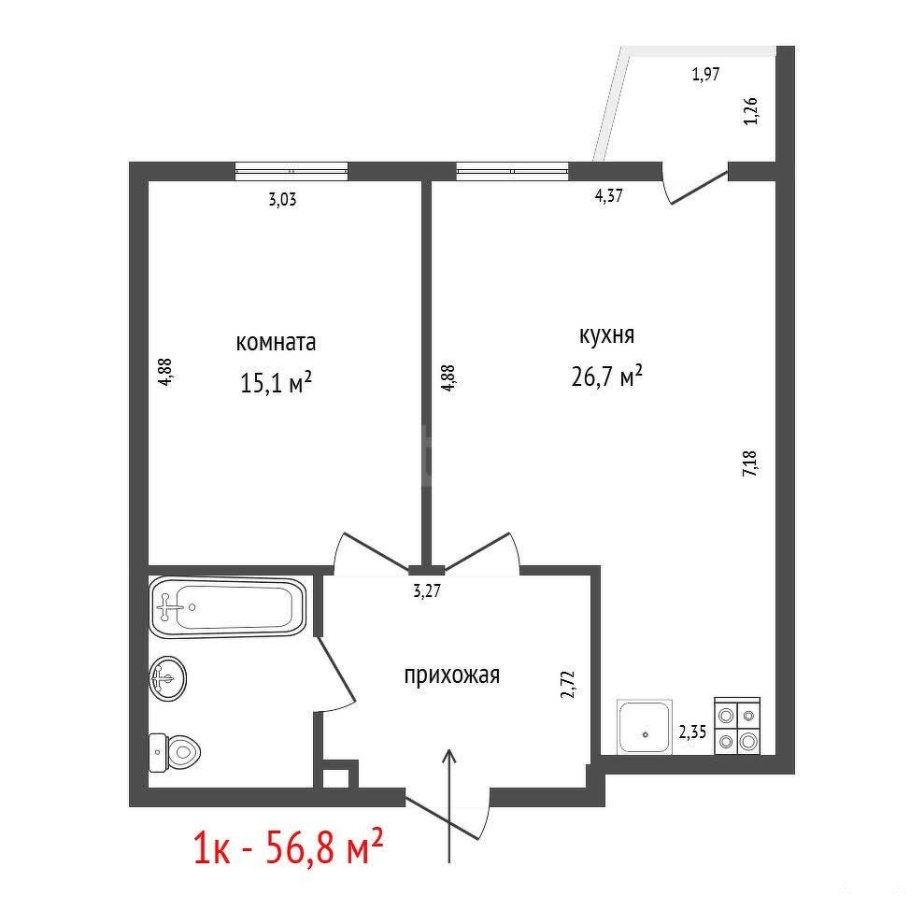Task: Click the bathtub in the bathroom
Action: click(227, 607)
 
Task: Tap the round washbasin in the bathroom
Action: click(168, 678)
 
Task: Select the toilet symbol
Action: click(175, 752)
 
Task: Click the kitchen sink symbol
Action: click(645, 727)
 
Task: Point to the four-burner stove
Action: click(737, 726)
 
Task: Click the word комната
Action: click(276, 342)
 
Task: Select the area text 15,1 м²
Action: click(276, 382)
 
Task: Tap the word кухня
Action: click(607, 334)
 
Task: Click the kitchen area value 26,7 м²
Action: click(606, 376)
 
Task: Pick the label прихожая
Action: click(452, 675)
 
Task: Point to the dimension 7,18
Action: click(751, 463)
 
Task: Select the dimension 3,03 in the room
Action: click(282, 199)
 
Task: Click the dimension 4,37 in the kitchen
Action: click(609, 195)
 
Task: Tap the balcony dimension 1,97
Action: click(705, 74)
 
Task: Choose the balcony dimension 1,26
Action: click(751, 111)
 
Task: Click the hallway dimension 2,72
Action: click(567, 684)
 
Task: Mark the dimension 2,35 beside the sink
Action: click(692, 732)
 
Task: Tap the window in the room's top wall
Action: click(291, 171)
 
